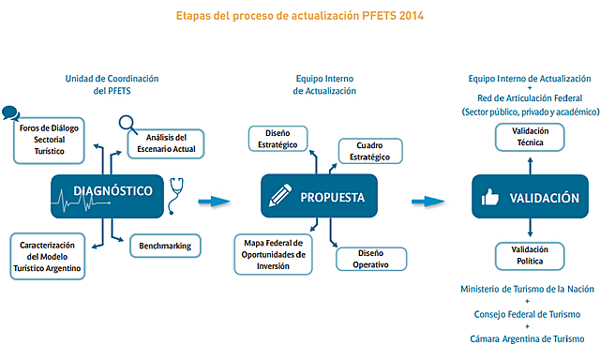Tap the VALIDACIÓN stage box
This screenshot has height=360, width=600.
point(531,198)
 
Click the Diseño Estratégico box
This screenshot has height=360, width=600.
point(278,138)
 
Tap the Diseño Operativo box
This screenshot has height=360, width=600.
point(370,258)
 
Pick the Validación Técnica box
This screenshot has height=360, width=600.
point(530,137)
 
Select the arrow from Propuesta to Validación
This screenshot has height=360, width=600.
point(427,200)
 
